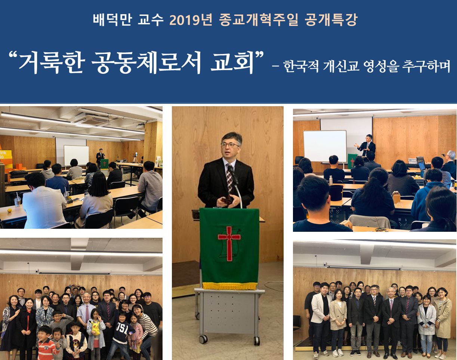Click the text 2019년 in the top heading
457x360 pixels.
pyautogui.click(x=191, y=20)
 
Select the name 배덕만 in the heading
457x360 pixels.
pyautogui.click(x=112, y=20)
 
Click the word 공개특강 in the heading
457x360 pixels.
pyautogui.click(x=331, y=20)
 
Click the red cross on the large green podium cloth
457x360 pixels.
pyautogui.click(x=229, y=243)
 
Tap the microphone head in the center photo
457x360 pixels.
pyautogui.click(x=230, y=169)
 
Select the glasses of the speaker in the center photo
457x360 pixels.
pyautogui.click(x=230, y=145)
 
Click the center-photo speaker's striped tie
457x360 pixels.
pyautogui.click(x=230, y=178)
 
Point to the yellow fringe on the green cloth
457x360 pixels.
pyautogui.click(x=229, y=286)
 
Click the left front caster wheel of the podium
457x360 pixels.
pyautogui.click(x=203, y=339)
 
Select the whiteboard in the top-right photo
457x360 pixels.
pyautogui.click(x=325, y=146)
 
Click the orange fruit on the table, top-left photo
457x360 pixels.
pyautogui.click(x=10, y=210)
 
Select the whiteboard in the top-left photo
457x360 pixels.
pyautogui.click(x=77, y=156)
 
